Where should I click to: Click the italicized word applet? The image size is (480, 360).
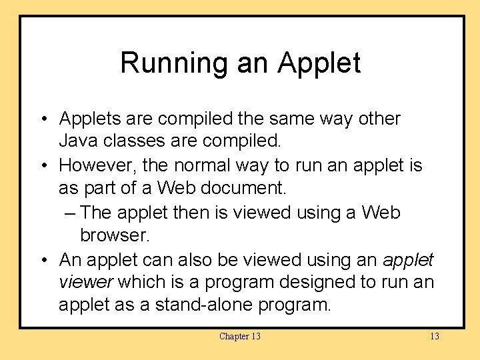pyautogui.click(x=408, y=259)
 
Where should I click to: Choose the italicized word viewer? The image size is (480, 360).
pyautogui.click(x=86, y=282)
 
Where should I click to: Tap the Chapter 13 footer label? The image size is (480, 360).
pyautogui.click(x=239, y=336)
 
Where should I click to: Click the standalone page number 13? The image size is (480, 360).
pyautogui.click(x=434, y=336)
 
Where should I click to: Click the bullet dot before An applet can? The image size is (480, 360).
pyautogui.click(x=42, y=259)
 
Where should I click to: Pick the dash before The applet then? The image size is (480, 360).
pyautogui.click(x=71, y=213)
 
